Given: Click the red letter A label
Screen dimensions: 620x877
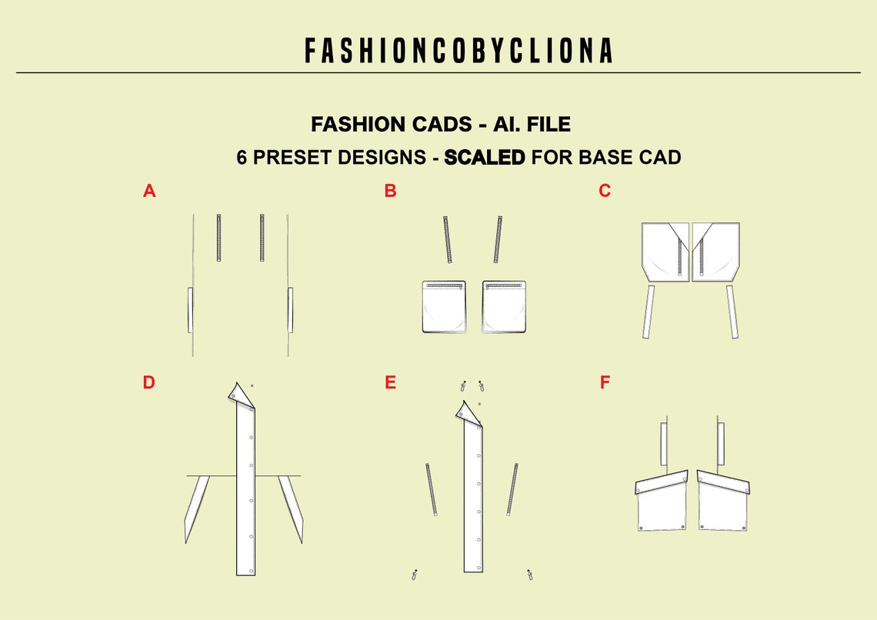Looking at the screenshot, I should [x=149, y=191].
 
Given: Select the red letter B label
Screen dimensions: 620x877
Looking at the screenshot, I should [x=390, y=191].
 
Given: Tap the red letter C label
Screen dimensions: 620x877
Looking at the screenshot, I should [x=605, y=191].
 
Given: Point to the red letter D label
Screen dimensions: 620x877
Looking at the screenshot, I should [x=148, y=382].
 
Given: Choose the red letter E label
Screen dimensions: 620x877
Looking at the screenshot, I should [x=390, y=382].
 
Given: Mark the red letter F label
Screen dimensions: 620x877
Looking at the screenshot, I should [x=605, y=382].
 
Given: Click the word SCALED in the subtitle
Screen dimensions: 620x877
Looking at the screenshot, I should [x=485, y=158].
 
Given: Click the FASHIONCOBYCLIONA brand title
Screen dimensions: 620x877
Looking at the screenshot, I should [x=459, y=51].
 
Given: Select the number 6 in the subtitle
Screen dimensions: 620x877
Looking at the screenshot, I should [x=242, y=158].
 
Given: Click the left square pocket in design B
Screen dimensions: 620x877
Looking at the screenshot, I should [x=445, y=307].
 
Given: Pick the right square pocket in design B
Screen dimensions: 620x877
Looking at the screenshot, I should [x=504, y=307].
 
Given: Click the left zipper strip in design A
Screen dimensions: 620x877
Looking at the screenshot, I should [x=219, y=237].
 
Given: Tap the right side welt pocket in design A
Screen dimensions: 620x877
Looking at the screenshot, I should [x=290, y=310].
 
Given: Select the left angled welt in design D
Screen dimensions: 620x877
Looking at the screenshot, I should [x=196, y=508].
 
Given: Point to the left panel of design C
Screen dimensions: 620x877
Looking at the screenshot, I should [x=664, y=252].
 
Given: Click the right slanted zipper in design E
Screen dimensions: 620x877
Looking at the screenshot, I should [x=512, y=489].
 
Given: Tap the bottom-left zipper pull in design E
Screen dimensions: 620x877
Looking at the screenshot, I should [x=415, y=574].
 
